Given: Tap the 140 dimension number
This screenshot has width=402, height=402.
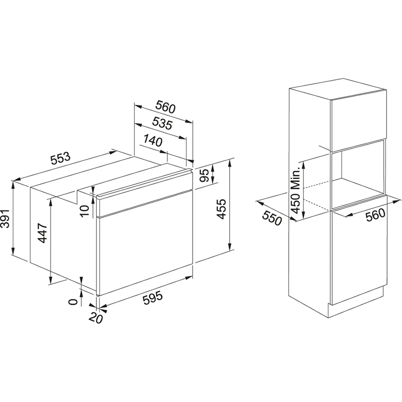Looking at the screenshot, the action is point(153,141).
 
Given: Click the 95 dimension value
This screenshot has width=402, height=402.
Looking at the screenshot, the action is point(205,175).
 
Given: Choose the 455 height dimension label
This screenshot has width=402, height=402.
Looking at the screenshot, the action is point(221,209).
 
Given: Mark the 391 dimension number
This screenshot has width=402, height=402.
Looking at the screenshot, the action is point(5,218).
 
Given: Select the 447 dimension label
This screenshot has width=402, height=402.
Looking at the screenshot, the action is point(42,233).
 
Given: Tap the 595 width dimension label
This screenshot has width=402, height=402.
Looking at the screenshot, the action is point(153,298).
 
